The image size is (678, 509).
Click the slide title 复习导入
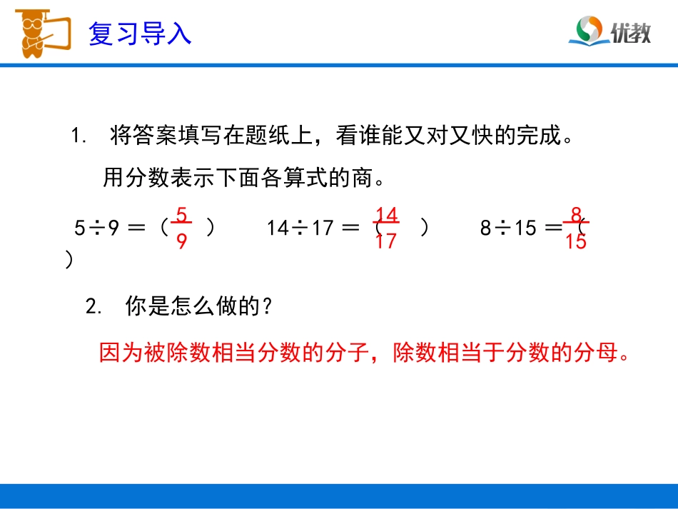(x=140, y=32)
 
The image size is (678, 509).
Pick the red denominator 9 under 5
(x=181, y=242)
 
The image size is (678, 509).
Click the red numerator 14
(x=386, y=214)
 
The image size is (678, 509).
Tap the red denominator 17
(x=385, y=242)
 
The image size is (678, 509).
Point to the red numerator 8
(x=576, y=213)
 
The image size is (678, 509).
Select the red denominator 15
(x=575, y=242)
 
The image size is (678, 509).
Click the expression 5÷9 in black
(x=96, y=228)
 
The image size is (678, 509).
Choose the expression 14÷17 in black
(x=300, y=228)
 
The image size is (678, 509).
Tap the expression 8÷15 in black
(x=507, y=228)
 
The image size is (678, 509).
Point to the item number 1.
(x=78, y=136)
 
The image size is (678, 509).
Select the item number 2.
(x=91, y=307)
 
